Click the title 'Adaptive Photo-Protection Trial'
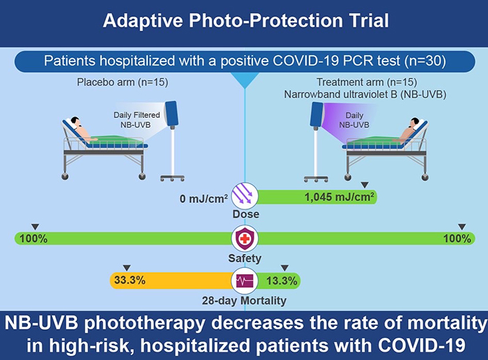click(x=244, y=20)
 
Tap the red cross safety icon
click(x=245, y=239)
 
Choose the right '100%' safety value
click(x=457, y=239)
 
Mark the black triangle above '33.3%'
click(x=126, y=268)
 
